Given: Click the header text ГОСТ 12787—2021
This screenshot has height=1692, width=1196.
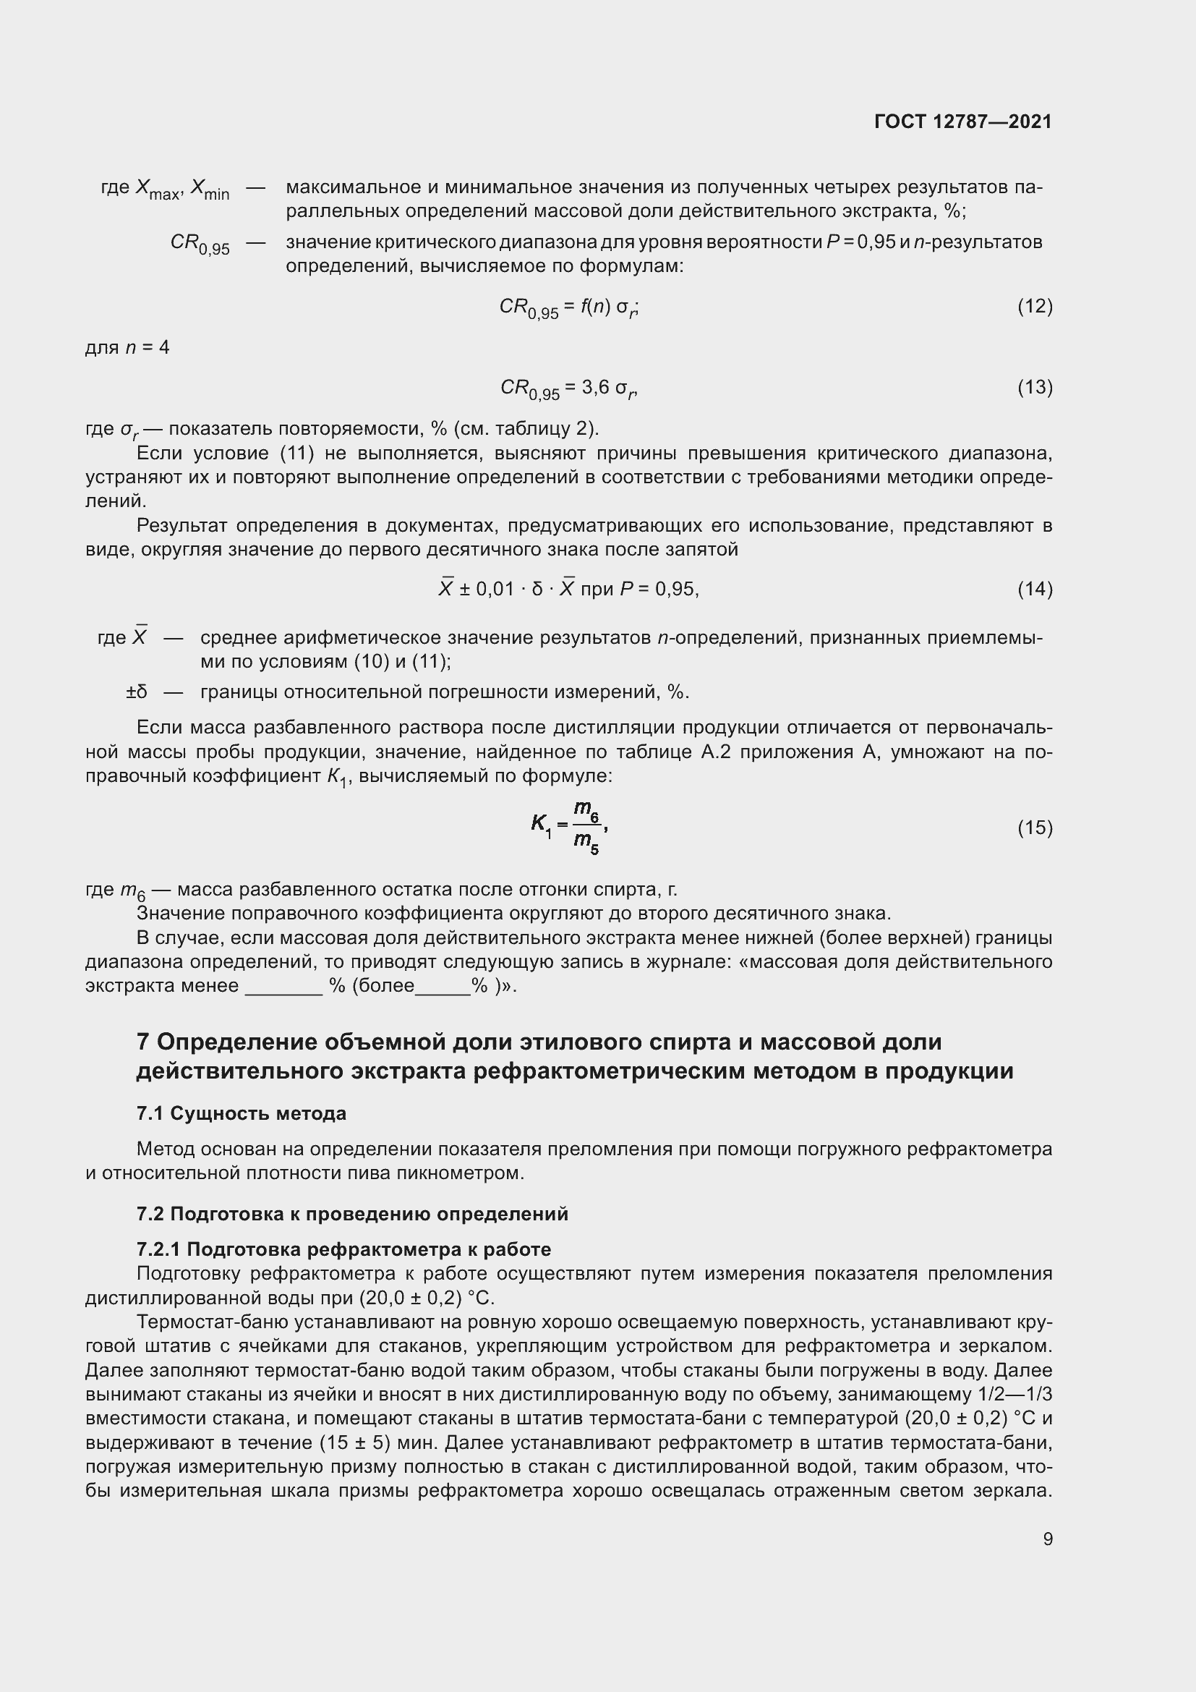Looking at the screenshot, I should [x=962, y=122].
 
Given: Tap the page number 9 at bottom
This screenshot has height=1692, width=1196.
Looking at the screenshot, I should [x=1047, y=1539].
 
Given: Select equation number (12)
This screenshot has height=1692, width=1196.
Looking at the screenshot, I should [x=1035, y=306].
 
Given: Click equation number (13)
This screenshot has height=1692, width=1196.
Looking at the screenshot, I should [x=1035, y=387].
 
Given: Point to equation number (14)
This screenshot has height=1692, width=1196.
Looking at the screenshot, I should [x=1035, y=589].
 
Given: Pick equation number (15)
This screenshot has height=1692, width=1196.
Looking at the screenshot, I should [x=1035, y=828].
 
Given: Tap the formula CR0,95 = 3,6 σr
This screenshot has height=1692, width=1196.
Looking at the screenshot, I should [x=568, y=388].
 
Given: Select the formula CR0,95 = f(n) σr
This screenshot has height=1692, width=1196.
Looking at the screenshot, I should [x=568, y=307].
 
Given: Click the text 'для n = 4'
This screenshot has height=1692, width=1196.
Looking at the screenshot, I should [x=127, y=347].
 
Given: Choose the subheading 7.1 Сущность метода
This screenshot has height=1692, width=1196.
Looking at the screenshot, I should [x=241, y=1113].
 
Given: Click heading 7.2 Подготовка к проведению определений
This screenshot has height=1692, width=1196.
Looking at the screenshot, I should [x=352, y=1214].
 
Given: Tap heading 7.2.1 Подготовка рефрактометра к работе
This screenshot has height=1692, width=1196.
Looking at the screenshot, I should [x=343, y=1249].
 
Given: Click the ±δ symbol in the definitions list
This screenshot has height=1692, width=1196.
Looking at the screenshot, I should [x=136, y=692].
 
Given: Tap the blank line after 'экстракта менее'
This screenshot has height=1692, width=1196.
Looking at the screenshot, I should [x=283, y=986].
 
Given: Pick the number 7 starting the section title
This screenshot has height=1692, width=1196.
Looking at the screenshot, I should [x=143, y=1042].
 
